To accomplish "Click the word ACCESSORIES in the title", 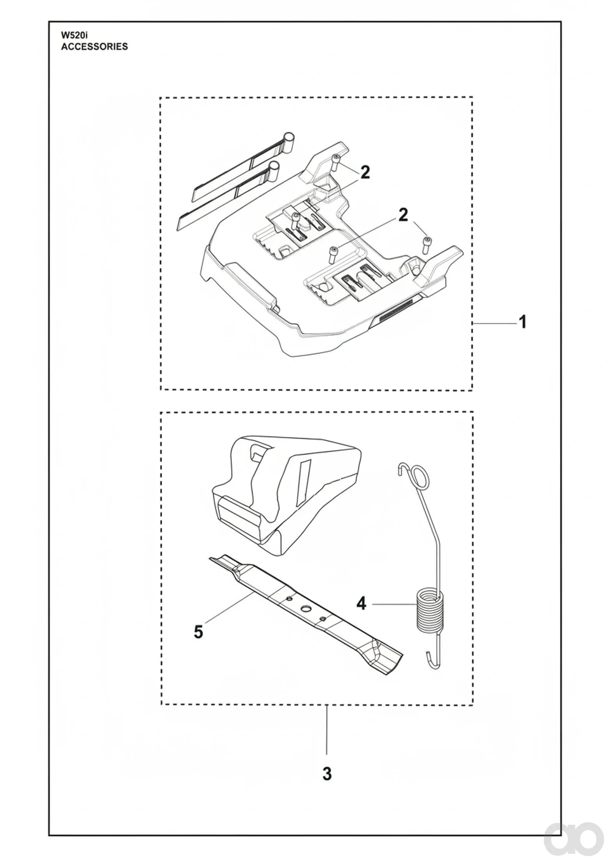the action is click(94, 47).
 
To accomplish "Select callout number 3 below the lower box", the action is click(327, 773).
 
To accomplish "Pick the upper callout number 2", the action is click(365, 172).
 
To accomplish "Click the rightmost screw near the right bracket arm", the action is click(426, 245).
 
